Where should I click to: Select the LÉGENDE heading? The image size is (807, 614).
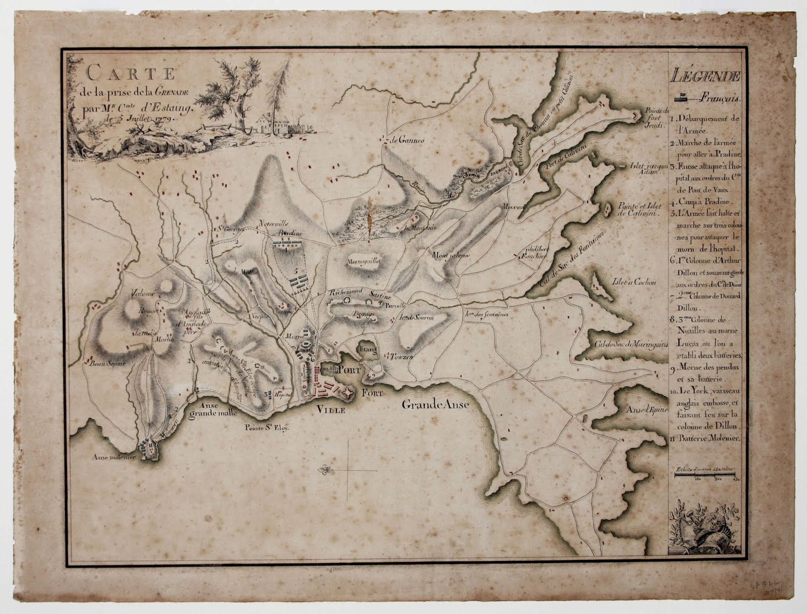point(706,77)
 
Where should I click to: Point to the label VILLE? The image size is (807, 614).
point(331,410)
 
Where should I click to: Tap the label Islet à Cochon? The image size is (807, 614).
point(634,283)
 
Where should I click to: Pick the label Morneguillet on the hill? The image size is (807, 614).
point(363,261)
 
